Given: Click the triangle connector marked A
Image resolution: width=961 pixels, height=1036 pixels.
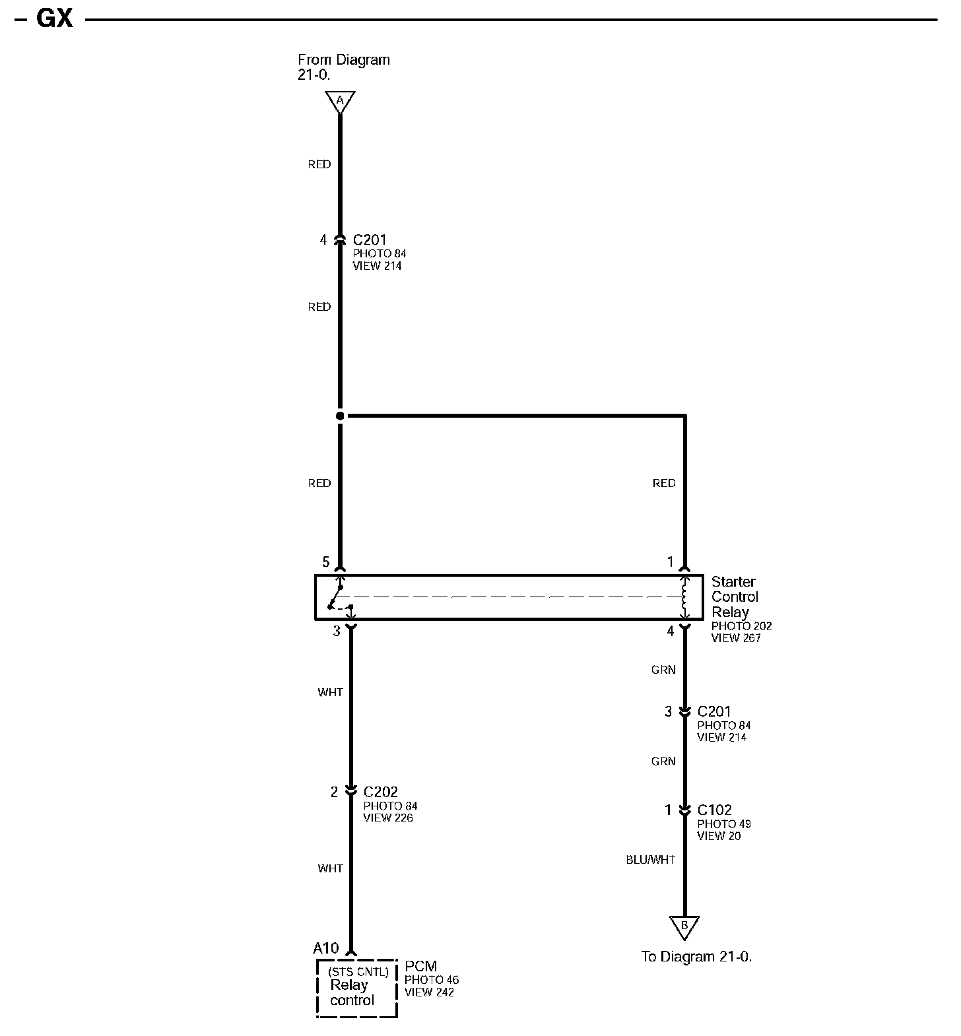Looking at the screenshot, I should (x=340, y=101).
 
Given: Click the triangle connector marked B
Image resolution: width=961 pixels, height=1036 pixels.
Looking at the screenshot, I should (x=684, y=926).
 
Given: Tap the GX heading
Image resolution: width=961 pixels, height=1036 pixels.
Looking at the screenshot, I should (x=54, y=18).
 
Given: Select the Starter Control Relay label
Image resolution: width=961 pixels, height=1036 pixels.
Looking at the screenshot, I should (x=734, y=597).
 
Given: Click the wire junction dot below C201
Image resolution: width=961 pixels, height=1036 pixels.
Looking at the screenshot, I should (x=340, y=416).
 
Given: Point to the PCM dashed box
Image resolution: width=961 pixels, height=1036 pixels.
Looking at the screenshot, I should (x=357, y=988).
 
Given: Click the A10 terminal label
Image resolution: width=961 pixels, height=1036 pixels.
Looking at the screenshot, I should (x=325, y=948).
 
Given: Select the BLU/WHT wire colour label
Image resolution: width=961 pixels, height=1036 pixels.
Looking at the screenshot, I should (x=650, y=860).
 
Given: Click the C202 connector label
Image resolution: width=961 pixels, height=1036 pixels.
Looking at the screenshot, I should (x=380, y=792).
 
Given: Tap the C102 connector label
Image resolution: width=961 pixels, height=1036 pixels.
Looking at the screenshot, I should (x=715, y=810).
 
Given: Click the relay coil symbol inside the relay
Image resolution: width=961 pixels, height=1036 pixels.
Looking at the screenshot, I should (x=684, y=597).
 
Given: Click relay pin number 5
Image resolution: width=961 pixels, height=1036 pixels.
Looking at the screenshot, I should (x=326, y=562).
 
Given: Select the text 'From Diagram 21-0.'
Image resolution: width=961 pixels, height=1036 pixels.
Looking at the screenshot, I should (x=343, y=67).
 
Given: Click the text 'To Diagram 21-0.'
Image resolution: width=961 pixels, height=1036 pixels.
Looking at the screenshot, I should (x=696, y=956).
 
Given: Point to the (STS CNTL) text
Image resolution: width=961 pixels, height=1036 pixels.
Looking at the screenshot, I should (x=358, y=971).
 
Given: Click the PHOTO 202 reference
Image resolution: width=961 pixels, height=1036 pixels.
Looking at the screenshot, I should (x=741, y=626).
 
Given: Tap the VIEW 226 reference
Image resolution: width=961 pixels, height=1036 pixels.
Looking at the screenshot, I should (x=388, y=818).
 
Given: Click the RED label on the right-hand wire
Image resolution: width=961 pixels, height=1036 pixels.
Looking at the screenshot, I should (x=664, y=483).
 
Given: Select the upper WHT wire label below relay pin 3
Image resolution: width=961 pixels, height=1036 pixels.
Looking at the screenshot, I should (x=330, y=692).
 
